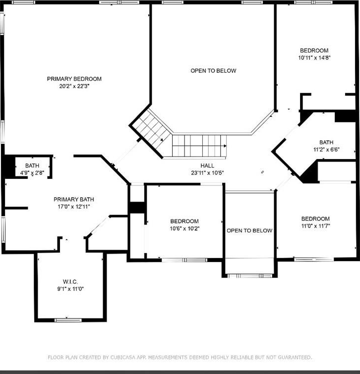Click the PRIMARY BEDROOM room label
click(74, 79)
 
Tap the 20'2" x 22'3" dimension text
click(74, 86)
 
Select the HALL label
click(207, 165)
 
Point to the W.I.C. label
click(70, 282)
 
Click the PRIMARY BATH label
click(74, 200)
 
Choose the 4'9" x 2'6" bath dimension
click(32, 173)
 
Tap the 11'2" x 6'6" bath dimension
click(326, 150)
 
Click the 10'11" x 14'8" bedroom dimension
click(314, 58)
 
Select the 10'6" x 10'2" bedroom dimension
click(184, 228)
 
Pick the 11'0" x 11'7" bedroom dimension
click(315, 226)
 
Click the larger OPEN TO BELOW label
click(213, 71)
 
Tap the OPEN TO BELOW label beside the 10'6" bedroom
click(249, 231)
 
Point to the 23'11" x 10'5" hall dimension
click(207, 173)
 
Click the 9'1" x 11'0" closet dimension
click(70, 289)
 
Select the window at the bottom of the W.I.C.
click(68, 320)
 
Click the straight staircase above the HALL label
click(199, 146)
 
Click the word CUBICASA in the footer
click(122, 357)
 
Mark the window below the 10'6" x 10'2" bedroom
click(184, 260)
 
